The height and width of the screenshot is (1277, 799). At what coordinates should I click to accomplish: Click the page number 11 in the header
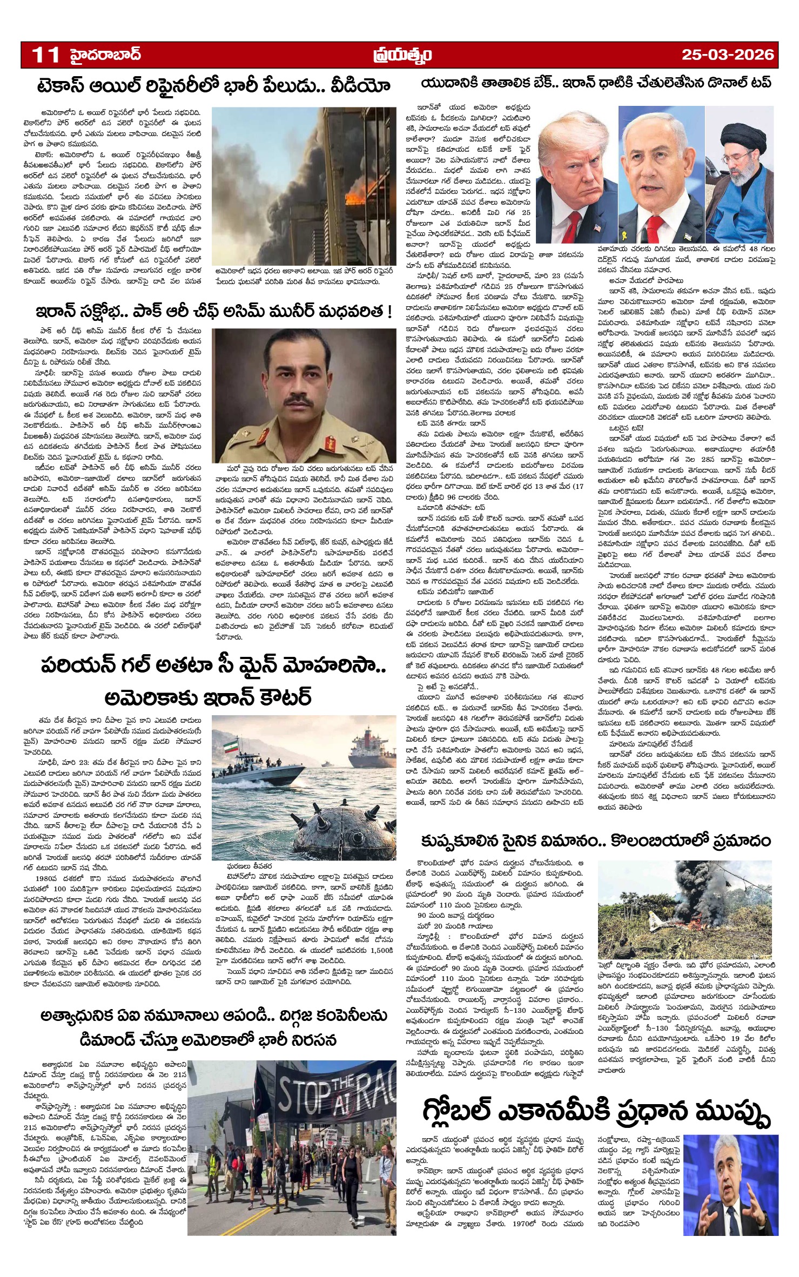pyautogui.click(x=45, y=55)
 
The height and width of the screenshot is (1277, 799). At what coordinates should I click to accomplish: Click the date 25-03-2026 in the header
pyautogui.click(x=727, y=55)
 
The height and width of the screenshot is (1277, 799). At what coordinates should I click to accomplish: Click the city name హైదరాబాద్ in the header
pyautogui.click(x=106, y=55)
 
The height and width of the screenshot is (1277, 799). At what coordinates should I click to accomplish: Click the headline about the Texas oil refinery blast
pyautogui.click(x=213, y=86)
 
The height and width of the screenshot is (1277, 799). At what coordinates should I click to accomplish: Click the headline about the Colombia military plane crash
pyautogui.click(x=596, y=841)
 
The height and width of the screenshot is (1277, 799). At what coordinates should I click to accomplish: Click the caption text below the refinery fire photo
pyautogui.click(x=303, y=275)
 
